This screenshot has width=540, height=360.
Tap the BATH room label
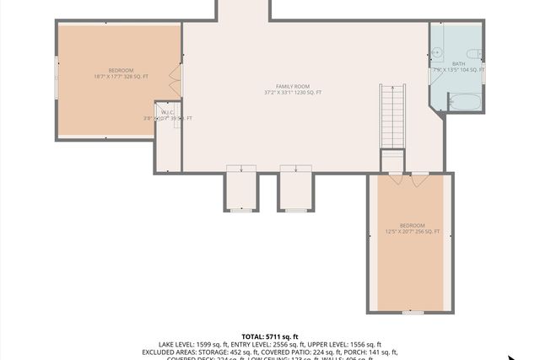coord(458,64)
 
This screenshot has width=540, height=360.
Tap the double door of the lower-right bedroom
coord(410,179)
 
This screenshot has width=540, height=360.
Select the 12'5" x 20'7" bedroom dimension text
coord(412,231)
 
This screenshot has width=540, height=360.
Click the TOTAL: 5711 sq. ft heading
coord(270,336)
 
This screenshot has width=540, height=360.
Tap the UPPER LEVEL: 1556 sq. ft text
coord(345,344)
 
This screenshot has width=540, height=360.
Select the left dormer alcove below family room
coord(241,191)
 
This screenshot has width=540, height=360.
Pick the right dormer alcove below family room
coord(296,191)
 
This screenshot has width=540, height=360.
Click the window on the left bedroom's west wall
coord(57,77)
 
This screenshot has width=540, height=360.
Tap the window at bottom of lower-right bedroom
coord(412,312)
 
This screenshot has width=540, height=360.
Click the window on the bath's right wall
coord(484,69)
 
